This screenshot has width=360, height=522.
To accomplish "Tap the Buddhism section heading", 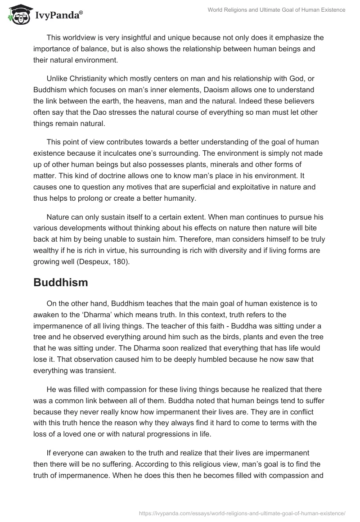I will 61,283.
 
